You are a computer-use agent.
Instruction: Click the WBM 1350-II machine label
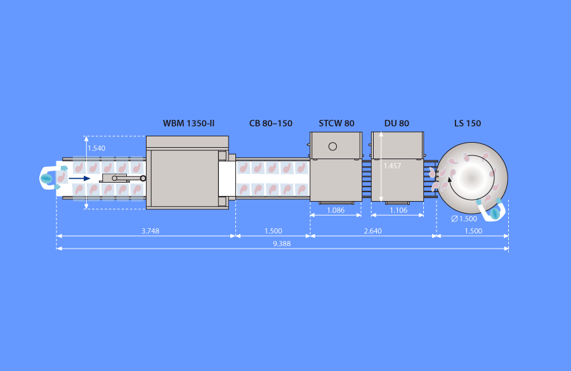tap(188, 124)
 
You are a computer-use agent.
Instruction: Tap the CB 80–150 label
tap(270, 124)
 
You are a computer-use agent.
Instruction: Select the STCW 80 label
tap(336, 124)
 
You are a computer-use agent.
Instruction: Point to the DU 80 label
tap(397, 124)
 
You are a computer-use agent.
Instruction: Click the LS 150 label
tap(468, 124)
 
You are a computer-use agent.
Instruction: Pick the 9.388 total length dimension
tap(282, 244)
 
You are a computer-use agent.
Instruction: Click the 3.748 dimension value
tap(150, 231)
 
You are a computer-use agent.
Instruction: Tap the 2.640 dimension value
tap(373, 231)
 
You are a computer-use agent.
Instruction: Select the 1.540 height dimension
tap(96, 148)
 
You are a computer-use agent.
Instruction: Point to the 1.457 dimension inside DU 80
tap(392, 166)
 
